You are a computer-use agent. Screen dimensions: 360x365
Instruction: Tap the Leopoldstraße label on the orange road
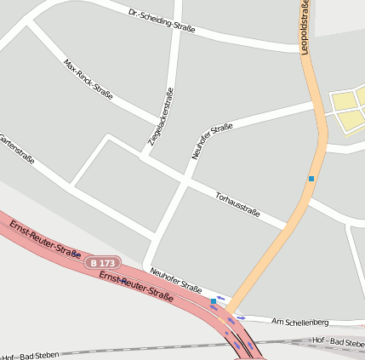tap(305, 28)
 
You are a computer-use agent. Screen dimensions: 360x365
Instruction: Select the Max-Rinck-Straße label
tap(88, 77)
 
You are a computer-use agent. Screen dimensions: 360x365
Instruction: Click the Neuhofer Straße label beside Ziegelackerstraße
tap(212, 142)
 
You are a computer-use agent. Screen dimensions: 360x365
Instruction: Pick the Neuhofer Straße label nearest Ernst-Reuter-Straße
tap(175, 279)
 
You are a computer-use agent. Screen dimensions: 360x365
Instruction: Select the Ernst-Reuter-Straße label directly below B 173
tap(136, 287)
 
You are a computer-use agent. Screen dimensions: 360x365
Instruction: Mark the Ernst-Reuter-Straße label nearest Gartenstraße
tap(45, 239)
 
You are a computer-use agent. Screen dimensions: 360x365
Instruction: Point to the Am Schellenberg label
tap(299, 322)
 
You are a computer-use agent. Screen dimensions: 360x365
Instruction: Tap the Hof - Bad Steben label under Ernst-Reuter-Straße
tap(43, 353)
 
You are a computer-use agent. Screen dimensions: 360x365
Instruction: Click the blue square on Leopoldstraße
tap(311, 179)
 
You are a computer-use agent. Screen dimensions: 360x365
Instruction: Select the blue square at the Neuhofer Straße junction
tap(213, 301)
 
